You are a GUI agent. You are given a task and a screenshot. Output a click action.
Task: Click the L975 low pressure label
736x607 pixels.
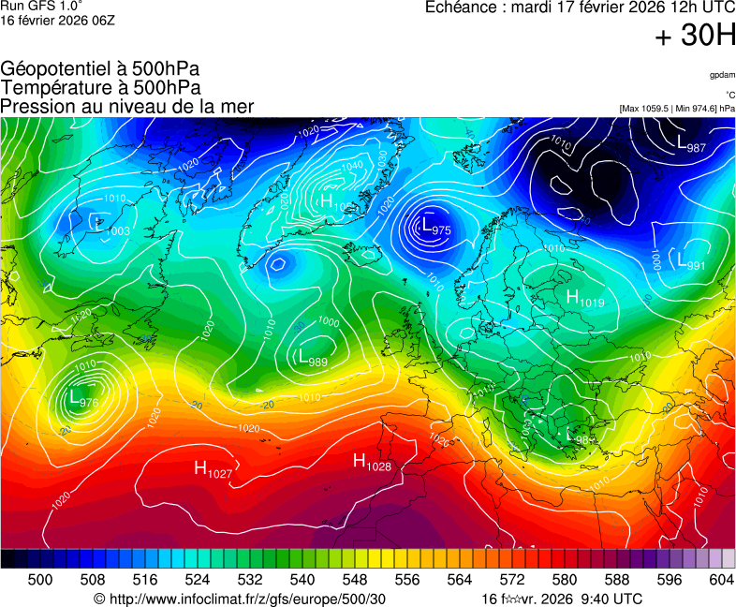point(435,227)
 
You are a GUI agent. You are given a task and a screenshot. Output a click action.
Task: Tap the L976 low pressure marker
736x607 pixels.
point(82,399)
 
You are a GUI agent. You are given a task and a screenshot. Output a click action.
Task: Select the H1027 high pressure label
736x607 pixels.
point(213,470)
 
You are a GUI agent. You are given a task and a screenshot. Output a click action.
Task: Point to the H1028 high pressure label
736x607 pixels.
point(372,463)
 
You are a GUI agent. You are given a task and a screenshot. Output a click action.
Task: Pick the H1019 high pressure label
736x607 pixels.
point(585,298)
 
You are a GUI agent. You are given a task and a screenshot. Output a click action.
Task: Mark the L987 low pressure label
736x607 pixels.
point(691,143)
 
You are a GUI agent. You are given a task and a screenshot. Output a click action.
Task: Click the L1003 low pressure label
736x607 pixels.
point(112,226)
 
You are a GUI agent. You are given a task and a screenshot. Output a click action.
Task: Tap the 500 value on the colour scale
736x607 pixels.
point(40,580)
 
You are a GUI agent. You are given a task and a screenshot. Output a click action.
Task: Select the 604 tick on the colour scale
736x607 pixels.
point(721,580)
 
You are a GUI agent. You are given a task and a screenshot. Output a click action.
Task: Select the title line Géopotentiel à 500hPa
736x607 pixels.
point(100,69)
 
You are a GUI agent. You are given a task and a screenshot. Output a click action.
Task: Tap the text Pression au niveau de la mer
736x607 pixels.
point(127,107)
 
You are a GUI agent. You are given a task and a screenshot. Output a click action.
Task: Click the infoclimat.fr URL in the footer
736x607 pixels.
point(240,599)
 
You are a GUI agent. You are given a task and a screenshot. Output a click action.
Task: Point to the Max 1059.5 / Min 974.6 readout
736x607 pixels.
point(677,109)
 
